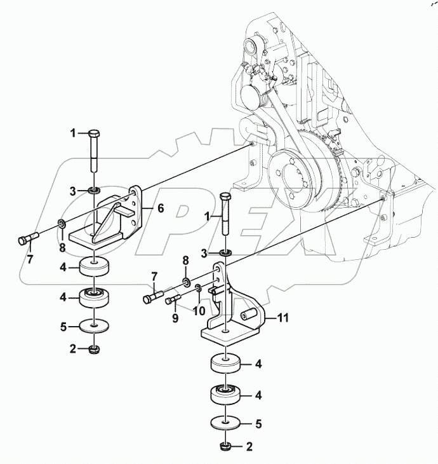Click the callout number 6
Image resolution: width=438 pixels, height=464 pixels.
(x=160, y=208)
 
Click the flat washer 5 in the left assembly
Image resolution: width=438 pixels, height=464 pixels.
(x=93, y=327)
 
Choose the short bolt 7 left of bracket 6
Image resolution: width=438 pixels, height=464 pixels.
(x=28, y=239)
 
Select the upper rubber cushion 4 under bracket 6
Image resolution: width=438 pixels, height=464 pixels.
(x=93, y=267)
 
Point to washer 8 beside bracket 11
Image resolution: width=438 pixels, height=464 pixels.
(x=185, y=280)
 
